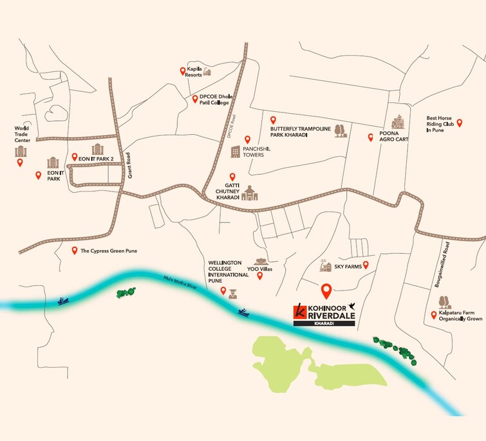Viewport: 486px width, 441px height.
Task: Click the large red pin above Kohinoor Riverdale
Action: pyautogui.click(x=327, y=291)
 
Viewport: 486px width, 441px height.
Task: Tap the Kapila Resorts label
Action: pyautogui.click(x=194, y=70)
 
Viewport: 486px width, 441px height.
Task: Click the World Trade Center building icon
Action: pyautogui.click(x=21, y=151)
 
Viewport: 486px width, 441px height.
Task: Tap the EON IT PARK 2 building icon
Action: pyautogui.click(x=97, y=149)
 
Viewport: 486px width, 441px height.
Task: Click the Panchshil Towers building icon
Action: pyautogui.click(x=235, y=152)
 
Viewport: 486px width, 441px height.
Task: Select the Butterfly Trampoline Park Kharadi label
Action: pyautogui.click(x=301, y=132)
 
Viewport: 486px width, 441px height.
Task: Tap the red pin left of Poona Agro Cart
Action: pyautogui.click(x=370, y=137)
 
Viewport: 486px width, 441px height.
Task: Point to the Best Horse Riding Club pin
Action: pyautogui.click(x=460, y=122)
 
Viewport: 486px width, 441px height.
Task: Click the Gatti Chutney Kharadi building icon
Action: pyautogui.click(x=248, y=192)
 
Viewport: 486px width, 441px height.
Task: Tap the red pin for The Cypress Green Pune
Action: pyautogui.click(x=74, y=250)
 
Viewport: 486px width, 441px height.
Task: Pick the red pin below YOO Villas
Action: pyautogui.click(x=260, y=276)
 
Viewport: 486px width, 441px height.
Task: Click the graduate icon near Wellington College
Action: pyautogui.click(x=232, y=294)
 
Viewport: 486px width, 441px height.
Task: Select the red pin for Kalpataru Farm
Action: pyautogui.click(x=434, y=314)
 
